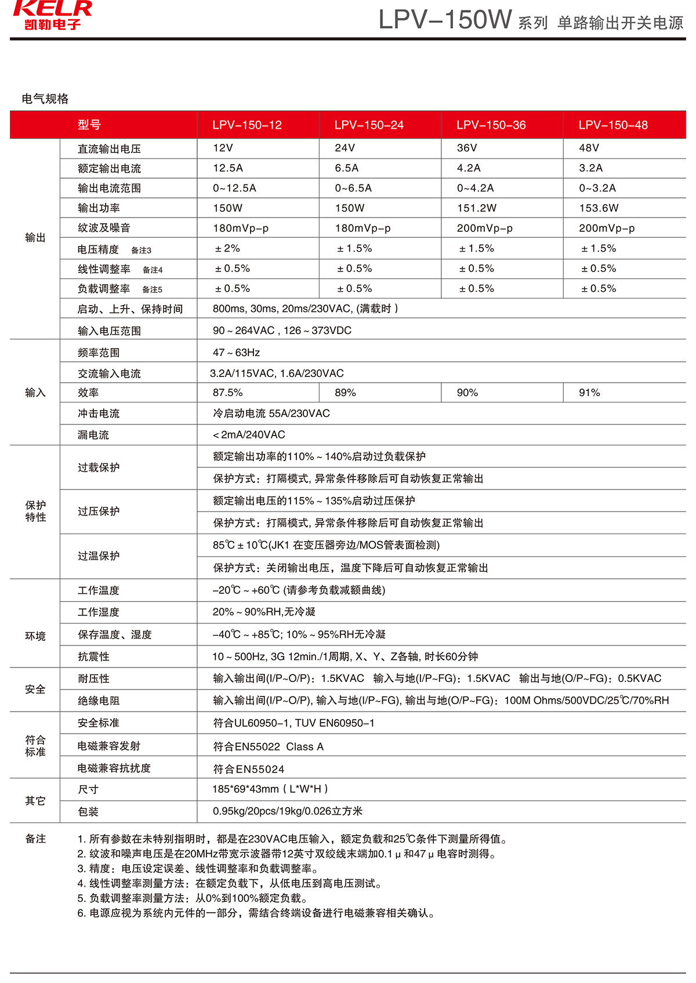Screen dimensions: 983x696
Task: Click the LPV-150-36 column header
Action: coord(491,125)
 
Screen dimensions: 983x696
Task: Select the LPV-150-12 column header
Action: coord(247,125)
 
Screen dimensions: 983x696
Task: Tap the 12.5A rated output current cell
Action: coord(228,168)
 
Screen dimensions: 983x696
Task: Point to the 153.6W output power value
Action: coord(599,208)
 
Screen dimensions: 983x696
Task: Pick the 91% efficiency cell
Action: coord(589,393)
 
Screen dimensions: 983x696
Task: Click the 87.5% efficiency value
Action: coord(228,393)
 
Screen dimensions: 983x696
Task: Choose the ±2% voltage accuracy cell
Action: coord(227,249)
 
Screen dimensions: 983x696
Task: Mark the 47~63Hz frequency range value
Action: coord(236,353)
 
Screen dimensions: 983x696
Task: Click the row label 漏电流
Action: coord(93,435)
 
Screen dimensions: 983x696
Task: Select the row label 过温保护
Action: coord(99,556)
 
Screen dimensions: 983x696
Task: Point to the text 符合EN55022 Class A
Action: coord(268,747)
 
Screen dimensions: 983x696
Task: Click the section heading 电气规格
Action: coord(45,99)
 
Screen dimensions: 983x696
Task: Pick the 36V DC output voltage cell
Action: coord(467,148)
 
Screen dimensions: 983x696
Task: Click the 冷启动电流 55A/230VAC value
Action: coord(271,413)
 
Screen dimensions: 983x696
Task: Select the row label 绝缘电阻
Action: coord(99,701)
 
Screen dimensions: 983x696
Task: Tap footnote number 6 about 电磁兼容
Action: coord(256,913)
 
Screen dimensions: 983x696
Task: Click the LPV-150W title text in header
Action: coord(445,20)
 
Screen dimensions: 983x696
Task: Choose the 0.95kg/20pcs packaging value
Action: coord(288,811)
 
